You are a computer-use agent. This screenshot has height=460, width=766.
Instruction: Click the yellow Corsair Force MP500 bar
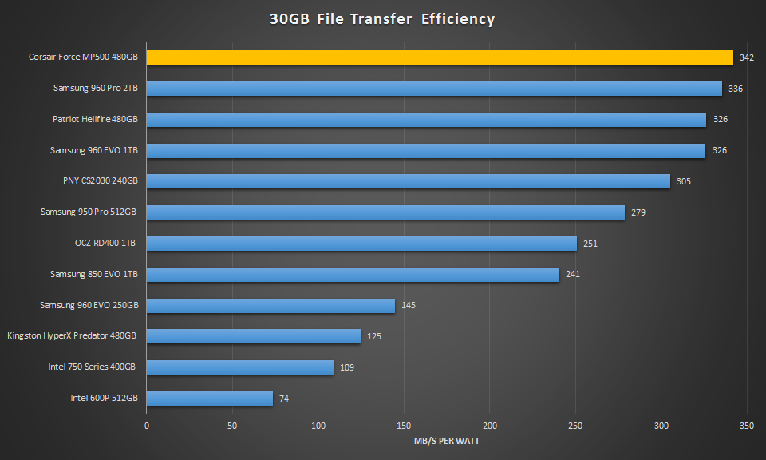(x=439, y=57)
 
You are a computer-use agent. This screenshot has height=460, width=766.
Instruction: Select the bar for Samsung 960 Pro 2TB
(x=434, y=89)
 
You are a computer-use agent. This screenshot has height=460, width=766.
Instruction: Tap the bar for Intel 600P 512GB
(x=210, y=398)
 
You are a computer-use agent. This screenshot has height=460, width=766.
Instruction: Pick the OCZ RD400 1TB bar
(x=361, y=244)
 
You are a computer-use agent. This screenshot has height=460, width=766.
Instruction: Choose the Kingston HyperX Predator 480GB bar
(x=254, y=336)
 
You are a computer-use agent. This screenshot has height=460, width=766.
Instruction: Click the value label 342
(x=747, y=57)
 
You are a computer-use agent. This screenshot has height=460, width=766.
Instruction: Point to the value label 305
(x=684, y=181)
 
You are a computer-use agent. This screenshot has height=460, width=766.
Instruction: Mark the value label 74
(x=284, y=398)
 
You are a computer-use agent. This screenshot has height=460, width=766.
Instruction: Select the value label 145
(x=409, y=305)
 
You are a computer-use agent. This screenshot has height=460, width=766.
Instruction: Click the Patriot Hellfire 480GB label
(x=95, y=120)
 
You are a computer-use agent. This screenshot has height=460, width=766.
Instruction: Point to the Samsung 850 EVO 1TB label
(x=94, y=274)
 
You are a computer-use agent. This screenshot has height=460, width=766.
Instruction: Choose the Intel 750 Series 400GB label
(x=92, y=367)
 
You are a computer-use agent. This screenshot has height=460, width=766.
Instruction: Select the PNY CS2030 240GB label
(x=101, y=181)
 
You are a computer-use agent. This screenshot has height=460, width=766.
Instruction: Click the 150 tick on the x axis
(x=404, y=426)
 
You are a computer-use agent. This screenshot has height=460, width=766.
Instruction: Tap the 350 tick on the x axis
(x=747, y=426)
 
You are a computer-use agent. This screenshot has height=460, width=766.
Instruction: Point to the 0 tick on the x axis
(x=147, y=426)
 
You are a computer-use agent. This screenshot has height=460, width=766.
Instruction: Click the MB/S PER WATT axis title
(x=447, y=441)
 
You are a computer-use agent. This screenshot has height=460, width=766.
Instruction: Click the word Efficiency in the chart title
(x=457, y=19)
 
